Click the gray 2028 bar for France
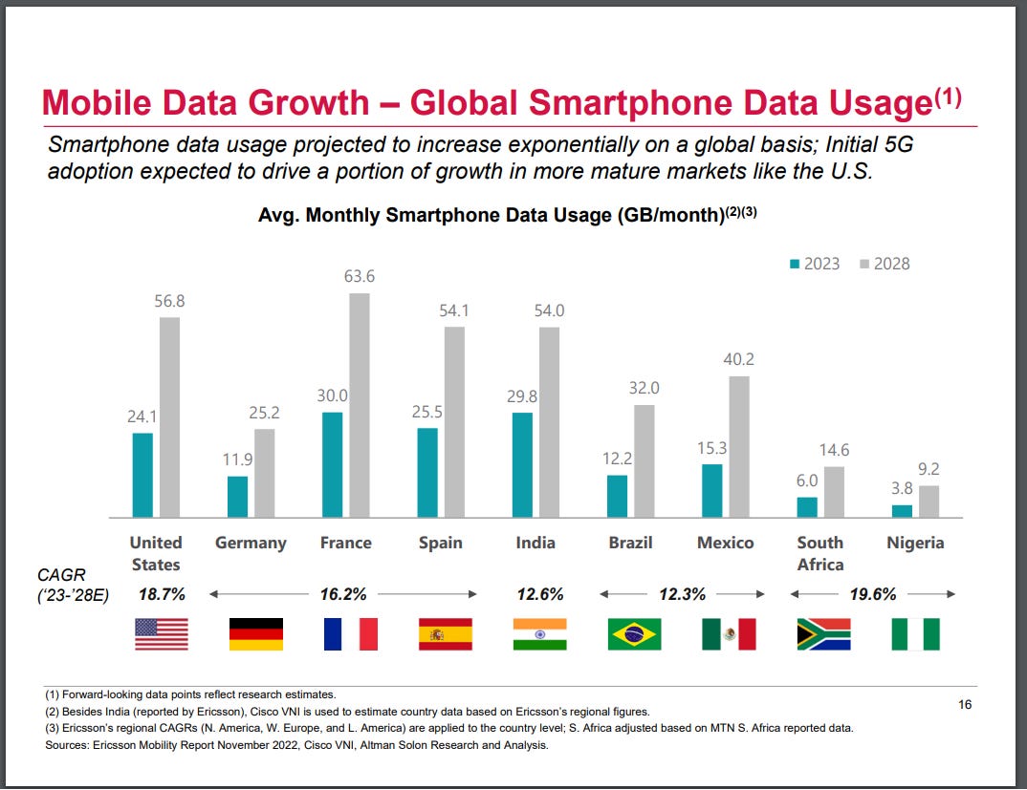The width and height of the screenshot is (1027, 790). click(359, 405)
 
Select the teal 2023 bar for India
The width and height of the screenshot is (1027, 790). click(522, 465)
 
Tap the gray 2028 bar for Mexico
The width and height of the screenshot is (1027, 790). click(738, 446)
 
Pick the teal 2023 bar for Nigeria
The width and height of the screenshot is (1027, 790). click(902, 511)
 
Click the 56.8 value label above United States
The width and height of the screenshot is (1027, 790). click(169, 301)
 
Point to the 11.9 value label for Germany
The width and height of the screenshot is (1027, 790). click(237, 459)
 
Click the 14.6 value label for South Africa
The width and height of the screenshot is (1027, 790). click(834, 450)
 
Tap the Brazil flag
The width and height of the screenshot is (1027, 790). click(634, 633)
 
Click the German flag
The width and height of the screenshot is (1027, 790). click(256, 633)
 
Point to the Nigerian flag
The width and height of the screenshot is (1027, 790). click(915, 633)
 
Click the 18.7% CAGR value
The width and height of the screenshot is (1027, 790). click(162, 594)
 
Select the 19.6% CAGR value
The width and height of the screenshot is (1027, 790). click(872, 594)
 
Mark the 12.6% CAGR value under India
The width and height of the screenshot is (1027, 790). click(540, 594)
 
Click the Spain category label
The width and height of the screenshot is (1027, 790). click(440, 543)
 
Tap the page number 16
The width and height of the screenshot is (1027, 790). click(965, 705)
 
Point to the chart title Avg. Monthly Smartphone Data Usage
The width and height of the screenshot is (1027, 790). click(489, 215)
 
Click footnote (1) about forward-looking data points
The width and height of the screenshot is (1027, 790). click(190, 694)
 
